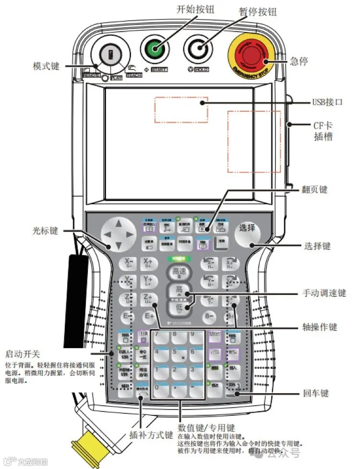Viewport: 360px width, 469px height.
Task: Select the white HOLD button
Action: click(x=199, y=49)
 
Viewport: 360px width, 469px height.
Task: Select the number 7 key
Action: click(x=159, y=337)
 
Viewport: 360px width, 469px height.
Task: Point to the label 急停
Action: click(x=299, y=61)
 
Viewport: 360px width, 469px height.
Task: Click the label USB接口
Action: click(x=328, y=102)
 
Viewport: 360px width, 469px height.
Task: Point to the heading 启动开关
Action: click(x=23, y=354)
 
